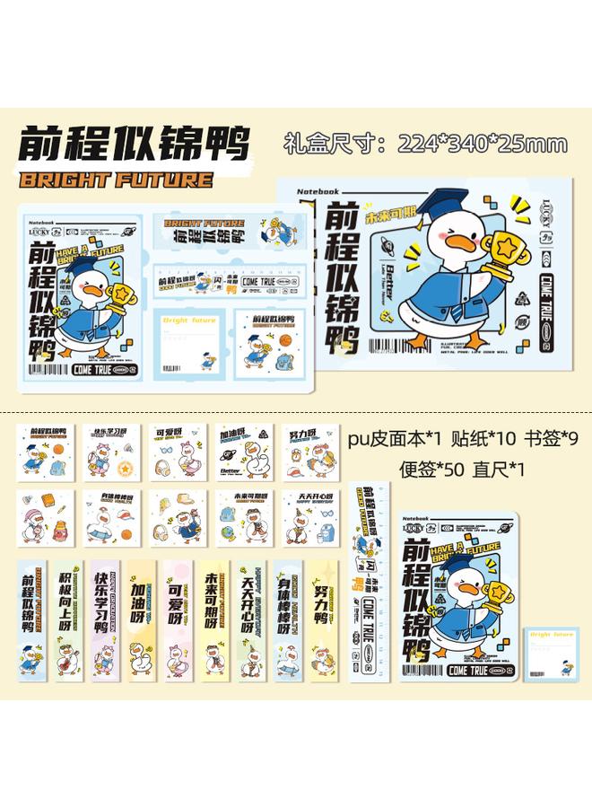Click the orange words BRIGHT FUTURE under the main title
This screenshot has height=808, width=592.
click(x=116, y=179)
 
